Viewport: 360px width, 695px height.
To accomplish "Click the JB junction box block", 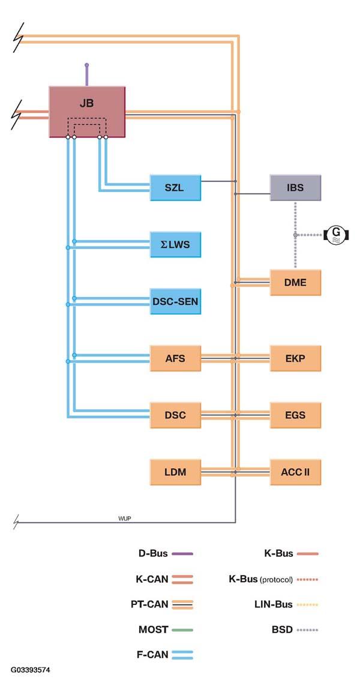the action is pos(87,111).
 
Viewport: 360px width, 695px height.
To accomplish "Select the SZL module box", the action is pos(176,187).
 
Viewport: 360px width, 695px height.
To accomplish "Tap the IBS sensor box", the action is pos(295,187).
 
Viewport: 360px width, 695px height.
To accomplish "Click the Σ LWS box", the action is pos(176,244).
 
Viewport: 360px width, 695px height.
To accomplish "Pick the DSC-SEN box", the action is pos(176,301).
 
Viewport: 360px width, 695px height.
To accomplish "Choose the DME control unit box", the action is pos(295,282).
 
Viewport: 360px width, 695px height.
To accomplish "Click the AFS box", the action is pos(176,358).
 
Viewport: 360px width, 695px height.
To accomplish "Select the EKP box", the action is pos(295,358).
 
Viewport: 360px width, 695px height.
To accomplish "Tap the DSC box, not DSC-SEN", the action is pos(176,415).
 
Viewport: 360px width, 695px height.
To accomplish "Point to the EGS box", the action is pos(295,415).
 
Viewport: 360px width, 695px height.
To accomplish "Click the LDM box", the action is pos(176,472).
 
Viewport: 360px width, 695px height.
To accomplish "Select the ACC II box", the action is pos(295,472).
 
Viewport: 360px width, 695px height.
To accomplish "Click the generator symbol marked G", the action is pos(337,234).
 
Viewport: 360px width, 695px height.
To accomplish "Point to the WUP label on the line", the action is pos(125,519).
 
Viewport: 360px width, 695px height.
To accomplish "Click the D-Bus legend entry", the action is pos(166,553).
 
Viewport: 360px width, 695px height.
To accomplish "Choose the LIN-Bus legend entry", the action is pos(291,604).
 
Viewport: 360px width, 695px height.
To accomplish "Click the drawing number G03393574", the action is pos(31,670).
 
